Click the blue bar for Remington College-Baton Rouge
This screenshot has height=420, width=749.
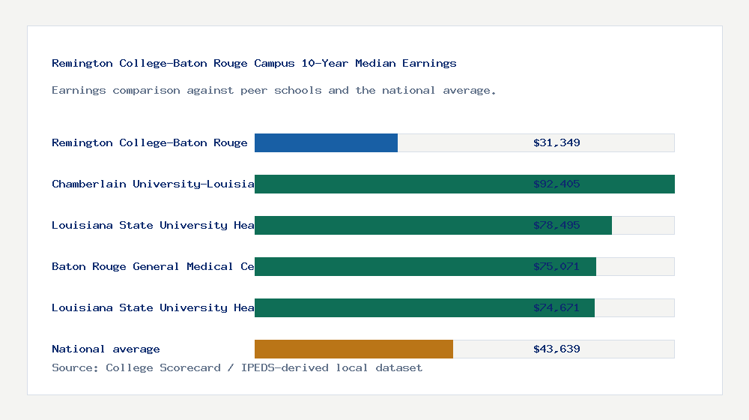pyautogui.click(x=326, y=142)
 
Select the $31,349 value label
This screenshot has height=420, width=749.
pyautogui.click(x=557, y=142)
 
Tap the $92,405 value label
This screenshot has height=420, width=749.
pyautogui.click(x=557, y=184)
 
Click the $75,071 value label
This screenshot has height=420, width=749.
pyautogui.click(x=557, y=266)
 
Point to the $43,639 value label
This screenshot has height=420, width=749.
pyautogui.click(x=557, y=349)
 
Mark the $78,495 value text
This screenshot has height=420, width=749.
pyautogui.click(x=557, y=225)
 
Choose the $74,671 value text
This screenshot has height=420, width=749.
pyautogui.click(x=557, y=307)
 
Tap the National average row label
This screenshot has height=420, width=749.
pyautogui.click(x=106, y=349)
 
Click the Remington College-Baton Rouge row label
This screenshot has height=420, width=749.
pyautogui.click(x=149, y=142)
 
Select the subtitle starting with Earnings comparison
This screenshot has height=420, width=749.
pyautogui.click(x=273, y=90)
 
